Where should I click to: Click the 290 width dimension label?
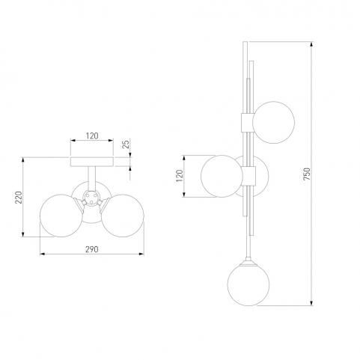coord(92,249)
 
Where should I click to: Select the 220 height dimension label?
coord(19,197)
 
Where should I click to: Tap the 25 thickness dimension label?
coord(126,144)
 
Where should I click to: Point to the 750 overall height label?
coord(307,174)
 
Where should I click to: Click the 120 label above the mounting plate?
coord(92,136)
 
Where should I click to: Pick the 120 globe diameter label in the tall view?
coord(180,176)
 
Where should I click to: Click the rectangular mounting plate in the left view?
coord(92,162)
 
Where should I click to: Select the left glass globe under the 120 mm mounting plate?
coord(61,216)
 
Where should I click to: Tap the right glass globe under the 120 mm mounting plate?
coord(123,216)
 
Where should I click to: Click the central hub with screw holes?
coord(91,198)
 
